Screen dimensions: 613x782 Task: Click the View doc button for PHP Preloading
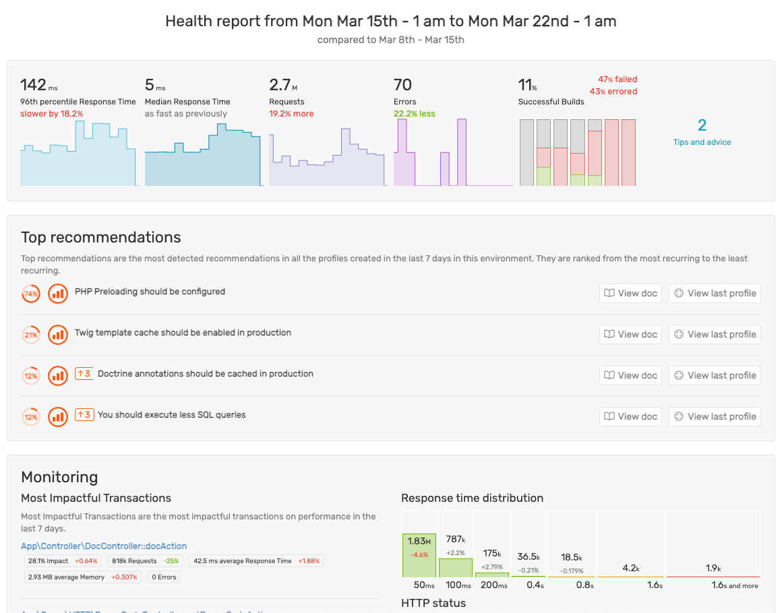(630, 293)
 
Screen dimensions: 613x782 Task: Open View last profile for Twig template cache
(715, 334)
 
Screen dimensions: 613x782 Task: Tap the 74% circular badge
(31, 294)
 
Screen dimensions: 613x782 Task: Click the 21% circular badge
(31, 335)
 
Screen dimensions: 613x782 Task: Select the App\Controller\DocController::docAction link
(104, 546)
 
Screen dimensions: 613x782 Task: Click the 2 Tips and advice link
(702, 132)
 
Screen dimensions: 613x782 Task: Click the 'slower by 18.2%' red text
(52, 114)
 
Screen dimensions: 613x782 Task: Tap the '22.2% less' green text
(415, 114)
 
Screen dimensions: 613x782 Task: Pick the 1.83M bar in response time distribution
(419, 555)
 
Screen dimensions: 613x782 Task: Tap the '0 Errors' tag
(164, 577)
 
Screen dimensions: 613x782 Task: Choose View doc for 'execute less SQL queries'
(630, 416)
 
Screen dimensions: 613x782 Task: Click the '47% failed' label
(617, 79)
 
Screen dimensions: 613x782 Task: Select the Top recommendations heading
(101, 237)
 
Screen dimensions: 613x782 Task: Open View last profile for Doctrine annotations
(715, 375)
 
